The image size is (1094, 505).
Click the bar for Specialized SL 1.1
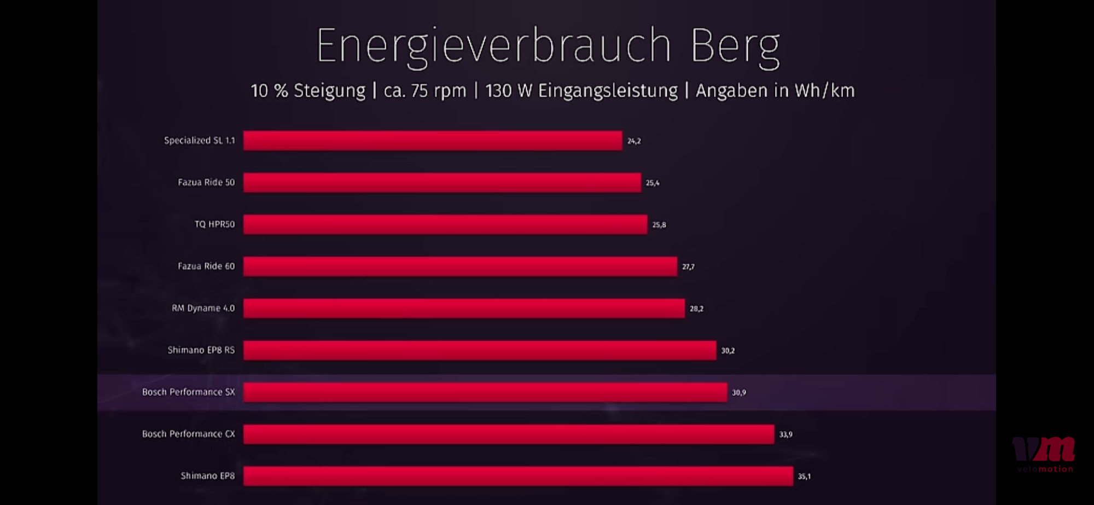pos(432,141)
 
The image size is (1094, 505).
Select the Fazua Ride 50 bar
pos(442,183)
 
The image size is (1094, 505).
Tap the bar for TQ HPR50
pos(445,224)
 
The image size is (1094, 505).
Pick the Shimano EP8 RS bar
pos(480,350)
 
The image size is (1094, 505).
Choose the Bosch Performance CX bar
pos(509,434)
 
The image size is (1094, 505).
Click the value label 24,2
pos(634,141)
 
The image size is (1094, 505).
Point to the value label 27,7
pos(688,267)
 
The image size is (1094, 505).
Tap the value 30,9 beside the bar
pos(739,392)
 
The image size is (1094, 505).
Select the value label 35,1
pos(804,477)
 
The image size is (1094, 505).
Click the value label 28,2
pos(696,309)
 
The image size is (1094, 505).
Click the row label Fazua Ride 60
pos(206,266)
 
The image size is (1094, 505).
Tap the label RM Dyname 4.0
pos(203,308)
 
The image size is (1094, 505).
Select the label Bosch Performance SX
pos(188,392)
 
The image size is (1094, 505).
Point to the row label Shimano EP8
pos(207,476)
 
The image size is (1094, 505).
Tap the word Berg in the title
pos(735,47)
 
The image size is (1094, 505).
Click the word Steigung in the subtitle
pos(329,91)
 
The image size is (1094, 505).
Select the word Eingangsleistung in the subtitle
pos(608,91)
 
